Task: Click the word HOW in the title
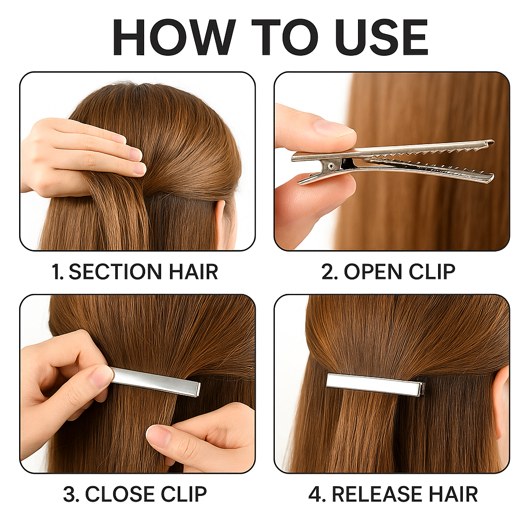[174, 37]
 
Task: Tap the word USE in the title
[382, 37]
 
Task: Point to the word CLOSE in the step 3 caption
[120, 494]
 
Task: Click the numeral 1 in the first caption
[56, 272]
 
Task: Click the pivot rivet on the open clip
[332, 166]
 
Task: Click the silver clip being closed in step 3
[155, 382]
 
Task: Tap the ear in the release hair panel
[501, 401]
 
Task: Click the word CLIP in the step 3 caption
[184, 494]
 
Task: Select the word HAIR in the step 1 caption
[193, 272]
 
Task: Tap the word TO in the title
[285, 37]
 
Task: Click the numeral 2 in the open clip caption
[328, 272]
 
